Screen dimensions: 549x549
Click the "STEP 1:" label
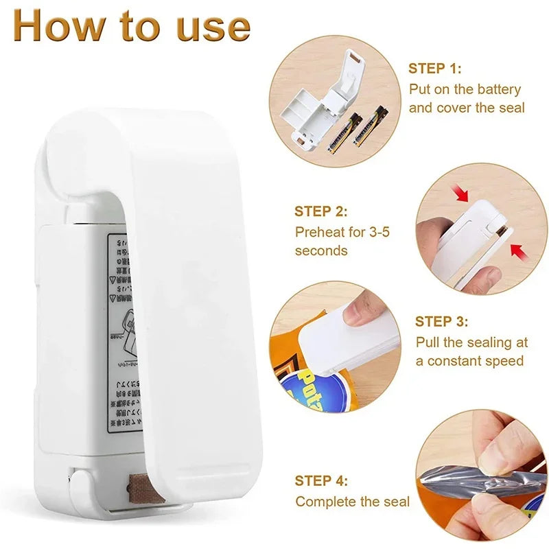pyautogui.click(x=435, y=68)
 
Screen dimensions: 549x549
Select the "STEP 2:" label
pyautogui.click(x=321, y=211)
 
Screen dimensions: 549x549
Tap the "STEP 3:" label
pyautogui.click(x=442, y=321)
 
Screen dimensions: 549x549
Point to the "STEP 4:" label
pyautogui.click(x=321, y=480)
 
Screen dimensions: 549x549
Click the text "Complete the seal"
pyautogui.click(x=352, y=502)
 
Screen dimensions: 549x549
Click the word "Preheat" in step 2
pyautogui.click(x=321, y=232)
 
